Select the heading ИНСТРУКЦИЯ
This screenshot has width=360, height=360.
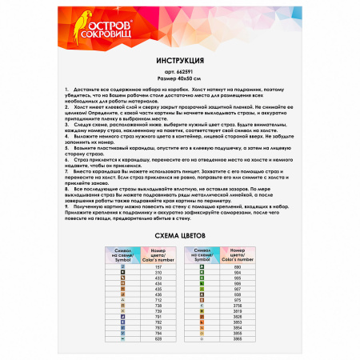click(180, 60)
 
